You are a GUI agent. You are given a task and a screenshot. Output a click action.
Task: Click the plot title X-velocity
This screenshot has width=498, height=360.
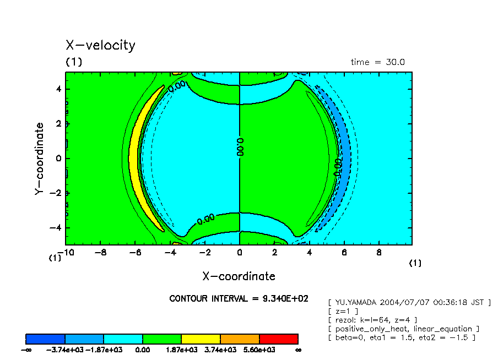point(100,46)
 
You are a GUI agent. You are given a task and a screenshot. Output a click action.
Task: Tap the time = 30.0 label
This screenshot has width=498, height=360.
point(377,62)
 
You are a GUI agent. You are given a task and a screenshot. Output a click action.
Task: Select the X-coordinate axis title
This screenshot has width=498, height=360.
point(239,276)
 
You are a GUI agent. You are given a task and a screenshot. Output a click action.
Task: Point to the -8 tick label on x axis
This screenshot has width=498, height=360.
point(100,253)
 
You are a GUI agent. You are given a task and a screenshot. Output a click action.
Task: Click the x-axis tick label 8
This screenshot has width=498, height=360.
point(378,253)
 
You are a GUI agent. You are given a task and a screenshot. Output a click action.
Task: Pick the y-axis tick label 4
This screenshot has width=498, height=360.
point(58,89)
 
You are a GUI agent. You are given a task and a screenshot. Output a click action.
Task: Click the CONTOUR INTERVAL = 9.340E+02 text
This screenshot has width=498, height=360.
point(239,299)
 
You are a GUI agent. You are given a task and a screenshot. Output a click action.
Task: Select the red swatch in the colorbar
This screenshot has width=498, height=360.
point(278,339)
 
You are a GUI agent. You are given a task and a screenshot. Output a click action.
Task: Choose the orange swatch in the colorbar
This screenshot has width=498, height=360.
point(240,339)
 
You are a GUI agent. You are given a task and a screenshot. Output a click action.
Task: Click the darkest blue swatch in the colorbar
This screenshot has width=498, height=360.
point(46,339)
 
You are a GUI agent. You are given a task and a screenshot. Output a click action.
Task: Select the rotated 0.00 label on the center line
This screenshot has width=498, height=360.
point(240,148)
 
